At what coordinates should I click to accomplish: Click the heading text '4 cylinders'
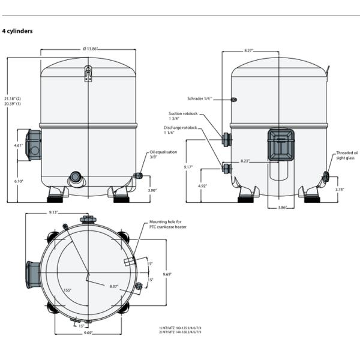[x=17, y=31]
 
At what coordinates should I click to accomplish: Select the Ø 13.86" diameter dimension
[x=88, y=48]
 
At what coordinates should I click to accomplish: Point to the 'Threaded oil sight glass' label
[x=346, y=155]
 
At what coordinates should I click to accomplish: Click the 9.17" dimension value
[x=188, y=167]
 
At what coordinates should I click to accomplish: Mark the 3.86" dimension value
[x=281, y=207]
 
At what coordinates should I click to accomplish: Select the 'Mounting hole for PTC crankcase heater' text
[x=163, y=227]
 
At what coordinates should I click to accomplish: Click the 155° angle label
[x=67, y=290]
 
